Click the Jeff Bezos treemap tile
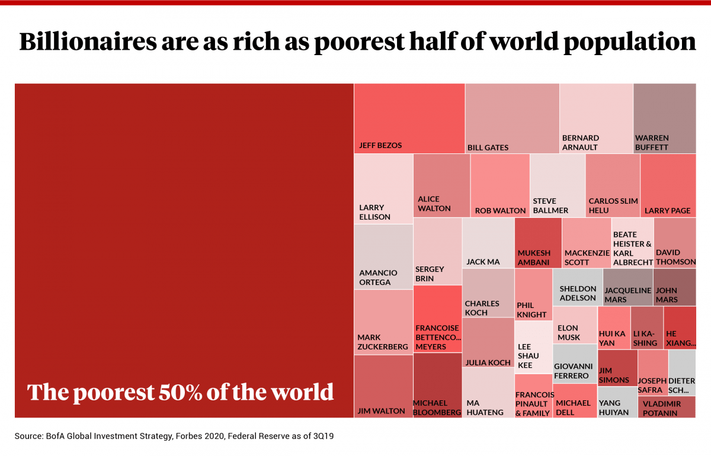[x=409, y=118]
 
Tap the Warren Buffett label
[x=652, y=143]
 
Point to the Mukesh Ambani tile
[x=538, y=243]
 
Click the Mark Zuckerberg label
[x=382, y=342]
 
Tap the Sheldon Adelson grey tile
[x=578, y=287]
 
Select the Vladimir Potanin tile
[x=667, y=407]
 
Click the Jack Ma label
[x=483, y=262]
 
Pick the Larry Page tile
[x=668, y=185]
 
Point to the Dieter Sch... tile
[x=682, y=372]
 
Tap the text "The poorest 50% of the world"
[x=181, y=392]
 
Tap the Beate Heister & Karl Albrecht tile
[x=632, y=243]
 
